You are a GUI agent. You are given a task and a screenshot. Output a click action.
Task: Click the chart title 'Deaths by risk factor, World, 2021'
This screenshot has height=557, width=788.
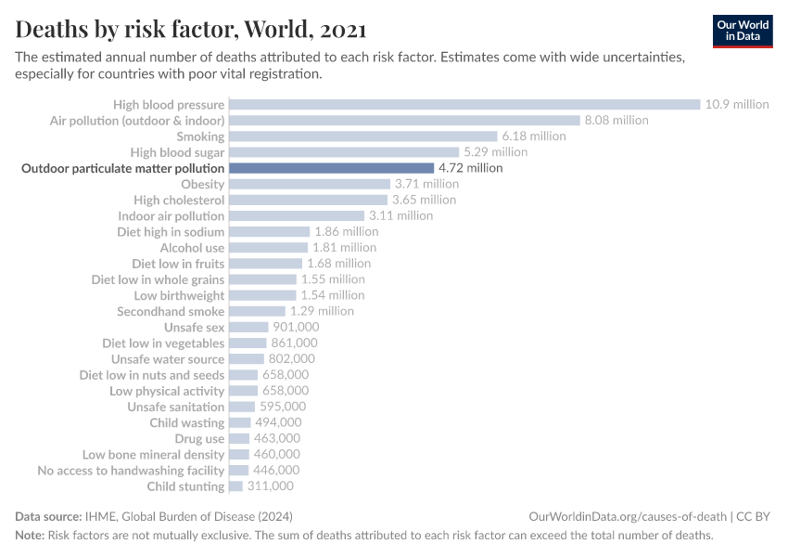(191, 30)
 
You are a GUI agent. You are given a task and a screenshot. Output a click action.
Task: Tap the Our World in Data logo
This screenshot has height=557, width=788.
(742, 31)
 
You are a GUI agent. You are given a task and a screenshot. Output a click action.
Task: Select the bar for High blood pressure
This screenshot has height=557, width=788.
(464, 105)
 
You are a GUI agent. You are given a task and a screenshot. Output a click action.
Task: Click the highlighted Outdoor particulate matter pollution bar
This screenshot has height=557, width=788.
(331, 168)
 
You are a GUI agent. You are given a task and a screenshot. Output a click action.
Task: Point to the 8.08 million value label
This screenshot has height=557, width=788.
(616, 121)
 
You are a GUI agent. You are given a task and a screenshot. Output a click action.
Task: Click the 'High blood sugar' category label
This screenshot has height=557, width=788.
(177, 152)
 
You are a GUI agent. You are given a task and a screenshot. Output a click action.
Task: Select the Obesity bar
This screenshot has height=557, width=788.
(309, 184)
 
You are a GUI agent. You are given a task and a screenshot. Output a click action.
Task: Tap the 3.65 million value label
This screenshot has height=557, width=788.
(424, 200)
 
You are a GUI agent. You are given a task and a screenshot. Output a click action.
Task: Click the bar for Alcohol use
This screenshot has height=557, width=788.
(268, 248)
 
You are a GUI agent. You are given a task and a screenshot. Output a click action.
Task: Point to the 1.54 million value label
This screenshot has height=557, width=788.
(333, 295)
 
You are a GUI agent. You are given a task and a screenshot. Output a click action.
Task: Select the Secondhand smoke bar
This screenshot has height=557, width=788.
(257, 311)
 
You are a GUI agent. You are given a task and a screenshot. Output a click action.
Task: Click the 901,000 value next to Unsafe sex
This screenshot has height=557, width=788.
(296, 327)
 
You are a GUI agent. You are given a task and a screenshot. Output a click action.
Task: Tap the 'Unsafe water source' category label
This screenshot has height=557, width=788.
(168, 359)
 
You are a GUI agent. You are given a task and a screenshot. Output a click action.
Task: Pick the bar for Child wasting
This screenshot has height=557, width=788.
(239, 422)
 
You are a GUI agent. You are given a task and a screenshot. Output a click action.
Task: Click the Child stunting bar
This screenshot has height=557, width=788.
(235, 486)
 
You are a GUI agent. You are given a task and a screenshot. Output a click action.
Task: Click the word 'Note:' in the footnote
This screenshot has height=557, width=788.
(30, 536)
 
